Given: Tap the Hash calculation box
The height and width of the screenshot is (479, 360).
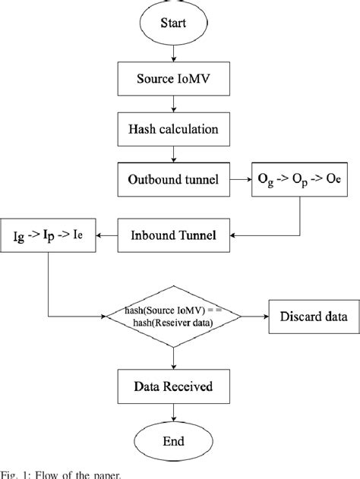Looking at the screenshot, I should click(174, 129).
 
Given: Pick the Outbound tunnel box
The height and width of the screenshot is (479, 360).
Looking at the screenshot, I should click(174, 179).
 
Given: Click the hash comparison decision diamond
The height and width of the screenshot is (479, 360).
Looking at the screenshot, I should click(174, 314).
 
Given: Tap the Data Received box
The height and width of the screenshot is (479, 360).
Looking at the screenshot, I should click(174, 386).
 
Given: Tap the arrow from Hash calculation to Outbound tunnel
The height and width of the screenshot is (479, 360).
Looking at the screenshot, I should click(174, 154).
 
